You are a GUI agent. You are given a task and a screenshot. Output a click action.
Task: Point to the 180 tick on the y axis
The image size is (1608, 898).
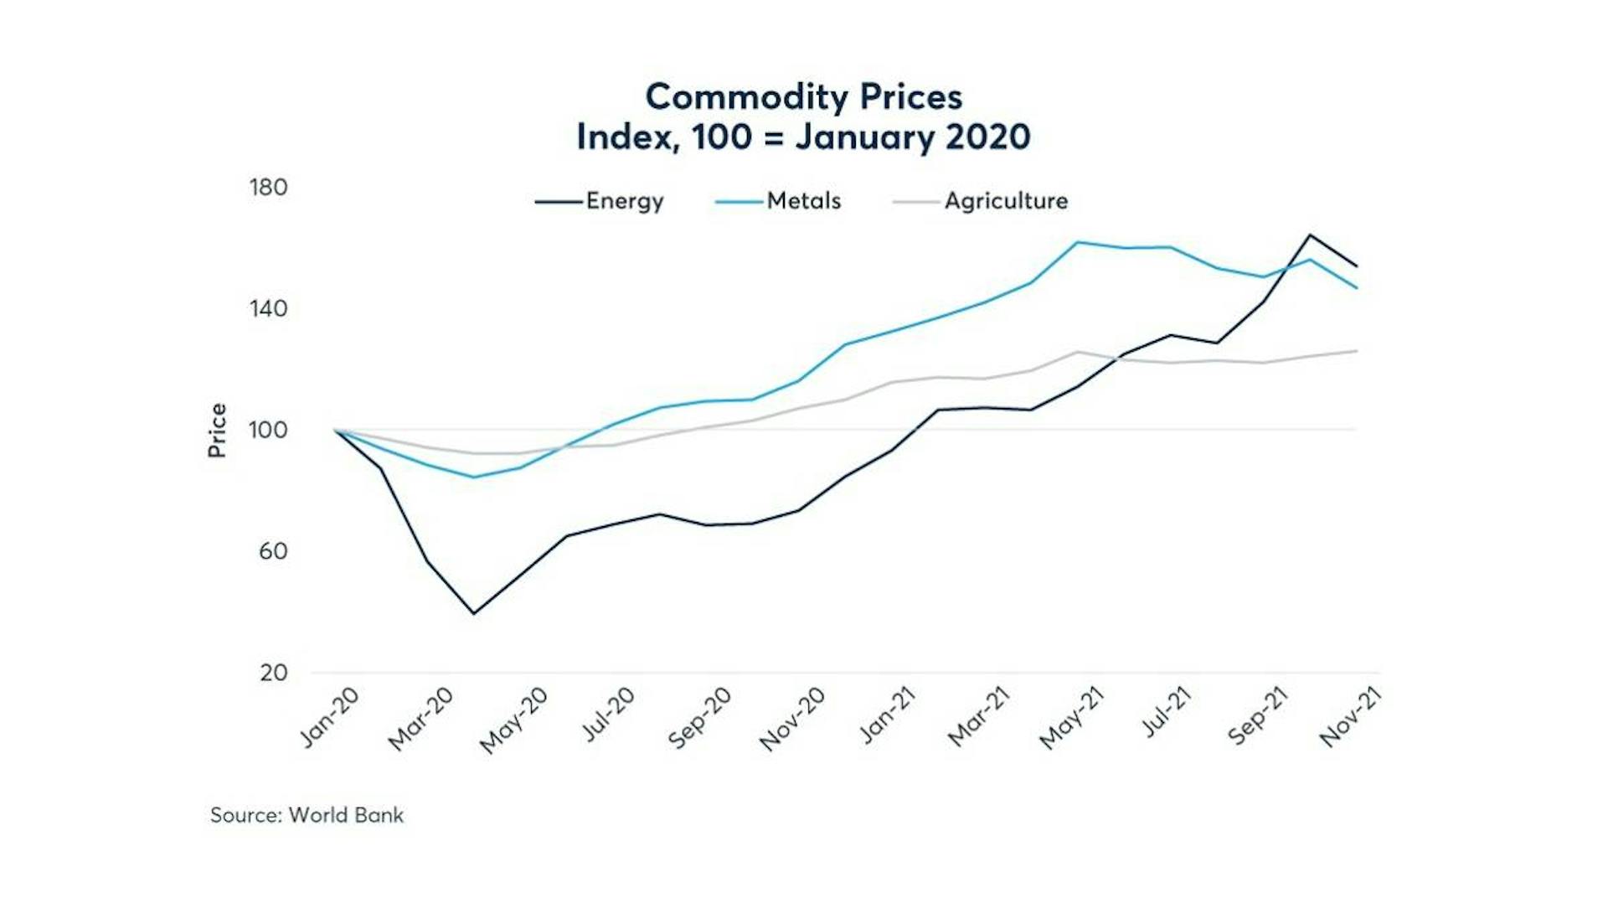(x=268, y=188)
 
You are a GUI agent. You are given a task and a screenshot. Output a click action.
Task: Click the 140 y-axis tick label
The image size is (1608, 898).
(x=268, y=309)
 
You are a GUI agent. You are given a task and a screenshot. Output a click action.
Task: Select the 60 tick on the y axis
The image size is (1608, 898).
(x=273, y=551)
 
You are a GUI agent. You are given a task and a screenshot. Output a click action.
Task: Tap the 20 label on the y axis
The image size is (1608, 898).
(x=273, y=673)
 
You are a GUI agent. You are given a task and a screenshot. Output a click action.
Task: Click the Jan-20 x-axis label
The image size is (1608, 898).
(x=330, y=717)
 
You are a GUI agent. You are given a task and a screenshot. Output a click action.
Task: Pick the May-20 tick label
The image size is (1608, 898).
(x=514, y=720)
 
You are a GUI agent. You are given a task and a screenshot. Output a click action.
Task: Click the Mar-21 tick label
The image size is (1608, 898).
(x=979, y=717)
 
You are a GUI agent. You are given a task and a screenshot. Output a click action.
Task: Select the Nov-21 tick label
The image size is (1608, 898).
(x=1350, y=717)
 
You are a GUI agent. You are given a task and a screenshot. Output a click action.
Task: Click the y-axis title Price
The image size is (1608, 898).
(x=217, y=431)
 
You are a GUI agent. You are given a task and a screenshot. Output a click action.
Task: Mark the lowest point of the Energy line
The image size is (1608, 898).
(x=474, y=613)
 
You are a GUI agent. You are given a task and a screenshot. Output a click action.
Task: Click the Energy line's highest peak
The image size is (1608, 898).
(x=1309, y=235)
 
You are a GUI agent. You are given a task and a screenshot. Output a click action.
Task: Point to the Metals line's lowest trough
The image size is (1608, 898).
(x=474, y=477)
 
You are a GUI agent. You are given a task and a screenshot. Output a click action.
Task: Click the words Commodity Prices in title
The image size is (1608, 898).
(x=803, y=97)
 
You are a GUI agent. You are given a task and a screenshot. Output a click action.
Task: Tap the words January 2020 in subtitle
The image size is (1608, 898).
(x=912, y=137)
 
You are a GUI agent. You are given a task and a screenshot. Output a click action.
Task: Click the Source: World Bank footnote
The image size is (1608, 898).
(x=307, y=815)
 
